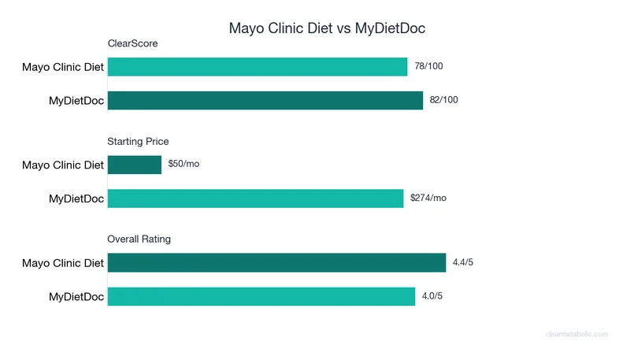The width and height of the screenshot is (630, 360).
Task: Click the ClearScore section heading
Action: pyautogui.click(x=133, y=43)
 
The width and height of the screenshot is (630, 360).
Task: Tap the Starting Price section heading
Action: pyautogui.click(x=139, y=141)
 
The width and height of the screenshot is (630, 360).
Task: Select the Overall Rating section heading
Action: pyautogui.click(x=139, y=239)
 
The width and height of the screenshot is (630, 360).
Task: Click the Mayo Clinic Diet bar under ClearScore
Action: pyautogui.click(x=258, y=67)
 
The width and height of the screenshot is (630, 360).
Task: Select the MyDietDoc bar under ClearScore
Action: pyautogui.click(x=265, y=100)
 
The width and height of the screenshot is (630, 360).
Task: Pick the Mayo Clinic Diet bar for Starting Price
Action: pyautogui.click(x=135, y=165)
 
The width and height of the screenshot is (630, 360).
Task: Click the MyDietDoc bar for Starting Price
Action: pyautogui.click(x=256, y=199)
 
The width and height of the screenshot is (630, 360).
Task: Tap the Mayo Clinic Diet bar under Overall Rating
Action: pyautogui.click(x=277, y=262)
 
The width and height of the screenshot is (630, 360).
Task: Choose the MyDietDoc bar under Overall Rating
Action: pyautogui.click(x=261, y=296)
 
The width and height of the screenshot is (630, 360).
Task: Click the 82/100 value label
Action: pyautogui.click(x=444, y=100)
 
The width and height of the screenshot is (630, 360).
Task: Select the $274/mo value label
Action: pyautogui.click(x=428, y=199)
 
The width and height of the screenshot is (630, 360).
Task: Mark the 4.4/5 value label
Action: pyautogui.click(x=463, y=262)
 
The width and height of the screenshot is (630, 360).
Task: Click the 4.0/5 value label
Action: pyautogui.click(x=432, y=296)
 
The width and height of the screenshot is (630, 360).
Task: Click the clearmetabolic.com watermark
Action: pyautogui.click(x=576, y=334)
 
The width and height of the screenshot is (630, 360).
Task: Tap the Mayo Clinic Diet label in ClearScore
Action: pyautogui.click(x=63, y=67)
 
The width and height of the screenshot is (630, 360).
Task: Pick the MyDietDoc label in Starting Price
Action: pyautogui.click(x=76, y=199)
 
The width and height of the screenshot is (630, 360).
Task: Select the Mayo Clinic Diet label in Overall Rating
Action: pyautogui.click(x=63, y=263)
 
